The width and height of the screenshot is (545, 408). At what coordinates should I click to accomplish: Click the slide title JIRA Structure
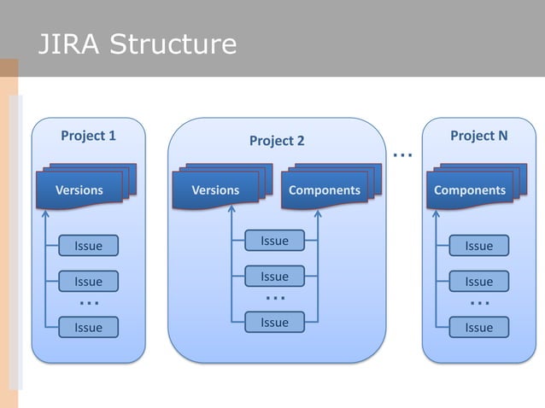pyautogui.click(x=136, y=44)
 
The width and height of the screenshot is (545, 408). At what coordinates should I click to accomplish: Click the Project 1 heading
pyautogui.click(x=88, y=136)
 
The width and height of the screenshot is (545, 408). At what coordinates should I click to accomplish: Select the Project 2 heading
pyautogui.click(x=276, y=140)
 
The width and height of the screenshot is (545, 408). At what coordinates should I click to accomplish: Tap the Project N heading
pyautogui.click(x=478, y=136)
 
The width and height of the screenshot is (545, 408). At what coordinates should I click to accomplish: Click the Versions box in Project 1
pyautogui.click(x=79, y=190)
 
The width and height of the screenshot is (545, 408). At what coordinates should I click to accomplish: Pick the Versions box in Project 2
pyautogui.click(x=215, y=190)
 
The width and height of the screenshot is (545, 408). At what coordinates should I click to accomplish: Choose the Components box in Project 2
pyautogui.click(x=324, y=190)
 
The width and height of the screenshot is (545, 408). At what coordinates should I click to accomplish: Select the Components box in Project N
pyautogui.click(x=469, y=190)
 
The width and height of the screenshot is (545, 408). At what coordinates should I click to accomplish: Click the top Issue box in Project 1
pyautogui.click(x=88, y=246)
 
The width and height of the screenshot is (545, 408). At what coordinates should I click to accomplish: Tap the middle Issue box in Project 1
pyautogui.click(x=88, y=281)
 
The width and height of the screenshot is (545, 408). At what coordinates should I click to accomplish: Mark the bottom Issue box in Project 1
pyautogui.click(x=88, y=327)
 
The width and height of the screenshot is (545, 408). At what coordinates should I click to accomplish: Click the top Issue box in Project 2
pyautogui.click(x=274, y=242)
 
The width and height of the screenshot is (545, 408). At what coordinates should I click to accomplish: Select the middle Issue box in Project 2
pyautogui.click(x=274, y=277)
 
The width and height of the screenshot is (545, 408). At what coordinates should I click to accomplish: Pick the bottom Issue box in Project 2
pyautogui.click(x=274, y=322)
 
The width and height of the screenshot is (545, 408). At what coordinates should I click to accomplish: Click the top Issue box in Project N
pyautogui.click(x=478, y=246)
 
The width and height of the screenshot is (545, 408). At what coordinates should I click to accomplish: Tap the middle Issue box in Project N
pyautogui.click(x=478, y=281)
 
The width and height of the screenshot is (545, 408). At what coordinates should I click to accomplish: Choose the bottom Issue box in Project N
pyautogui.click(x=478, y=327)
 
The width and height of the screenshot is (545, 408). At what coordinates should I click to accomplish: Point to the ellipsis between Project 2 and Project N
pyautogui.click(x=402, y=156)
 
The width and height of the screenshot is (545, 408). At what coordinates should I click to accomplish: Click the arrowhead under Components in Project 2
pyautogui.click(x=318, y=213)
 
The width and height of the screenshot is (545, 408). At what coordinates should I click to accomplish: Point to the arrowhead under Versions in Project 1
pyautogui.click(x=45, y=213)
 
